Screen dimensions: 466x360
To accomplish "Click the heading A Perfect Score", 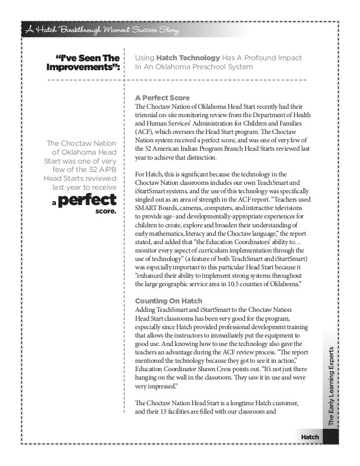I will click(x=162, y=98).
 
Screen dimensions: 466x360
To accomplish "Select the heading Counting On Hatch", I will click(x=169, y=301).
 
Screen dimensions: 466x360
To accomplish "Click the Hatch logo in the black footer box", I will click(x=310, y=437).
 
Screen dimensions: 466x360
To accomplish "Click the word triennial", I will click(x=147, y=115).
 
